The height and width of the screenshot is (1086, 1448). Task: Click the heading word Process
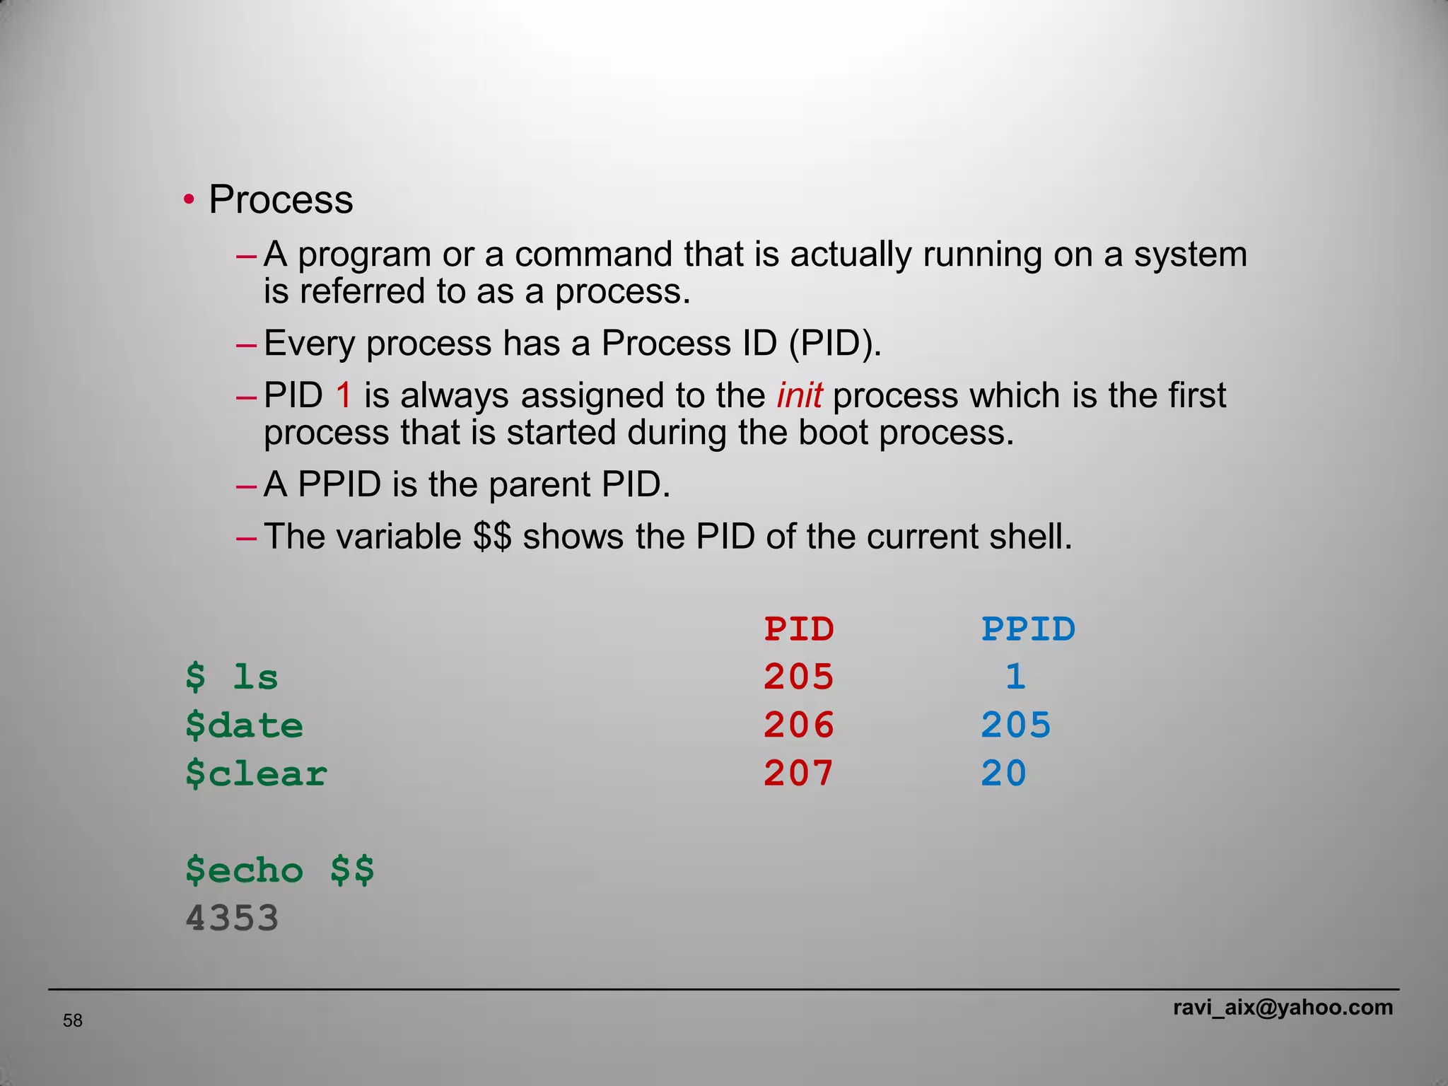point(281,200)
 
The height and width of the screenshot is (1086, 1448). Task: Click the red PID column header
point(799,629)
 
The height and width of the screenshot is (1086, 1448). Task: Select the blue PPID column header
point(1028,629)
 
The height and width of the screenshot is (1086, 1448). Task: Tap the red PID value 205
point(799,677)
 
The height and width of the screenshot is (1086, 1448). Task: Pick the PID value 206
point(799,725)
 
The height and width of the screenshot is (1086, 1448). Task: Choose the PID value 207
point(799,773)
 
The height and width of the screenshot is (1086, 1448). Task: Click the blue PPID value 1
point(1015,677)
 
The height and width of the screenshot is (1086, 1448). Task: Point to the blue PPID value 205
point(1016,725)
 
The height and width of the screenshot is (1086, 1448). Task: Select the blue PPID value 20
point(1003,773)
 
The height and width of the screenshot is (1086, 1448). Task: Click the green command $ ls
point(232,677)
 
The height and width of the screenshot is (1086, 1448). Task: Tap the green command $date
point(244,725)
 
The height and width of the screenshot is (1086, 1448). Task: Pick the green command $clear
point(256,773)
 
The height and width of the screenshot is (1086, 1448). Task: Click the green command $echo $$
point(280,870)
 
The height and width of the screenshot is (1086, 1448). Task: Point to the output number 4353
point(232,918)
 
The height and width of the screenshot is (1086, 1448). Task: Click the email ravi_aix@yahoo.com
point(1283,1007)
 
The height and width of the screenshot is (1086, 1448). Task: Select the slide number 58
point(73,1020)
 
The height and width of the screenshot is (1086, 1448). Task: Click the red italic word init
point(799,395)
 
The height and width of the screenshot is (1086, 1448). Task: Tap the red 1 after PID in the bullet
point(344,395)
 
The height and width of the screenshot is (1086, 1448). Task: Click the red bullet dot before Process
point(189,200)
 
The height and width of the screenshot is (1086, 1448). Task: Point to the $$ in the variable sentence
point(492,537)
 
